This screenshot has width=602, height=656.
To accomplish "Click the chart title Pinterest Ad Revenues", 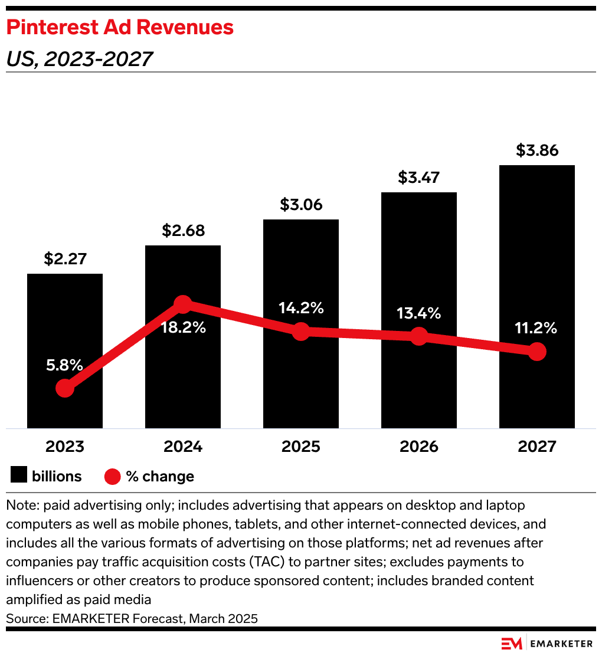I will pos(120,27).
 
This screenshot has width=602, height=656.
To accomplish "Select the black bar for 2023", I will pos(65,330).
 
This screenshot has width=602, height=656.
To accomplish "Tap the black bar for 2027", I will pos(536,265).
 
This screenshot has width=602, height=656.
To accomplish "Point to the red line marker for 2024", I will pos(183,304).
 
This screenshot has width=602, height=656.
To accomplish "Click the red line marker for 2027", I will pos(536,352).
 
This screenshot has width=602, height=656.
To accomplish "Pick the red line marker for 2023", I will pos(65,388).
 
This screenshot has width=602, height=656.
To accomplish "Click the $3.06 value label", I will pos(301,205).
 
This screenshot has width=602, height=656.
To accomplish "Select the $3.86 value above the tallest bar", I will pos(536,150).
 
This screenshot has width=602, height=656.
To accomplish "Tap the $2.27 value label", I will pos(65,259).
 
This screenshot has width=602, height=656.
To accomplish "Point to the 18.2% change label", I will pos(183,328).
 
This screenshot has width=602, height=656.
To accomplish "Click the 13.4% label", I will pos(418,313).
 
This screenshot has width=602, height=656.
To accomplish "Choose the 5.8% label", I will pos(65,365).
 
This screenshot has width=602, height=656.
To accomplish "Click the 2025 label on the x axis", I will pos(301,447).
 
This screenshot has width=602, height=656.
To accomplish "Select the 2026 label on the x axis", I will pos(418,447).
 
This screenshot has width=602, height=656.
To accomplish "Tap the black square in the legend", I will pos(19,476).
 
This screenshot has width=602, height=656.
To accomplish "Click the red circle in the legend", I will pos(112,476).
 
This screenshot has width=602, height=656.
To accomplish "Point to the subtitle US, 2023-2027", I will pos(79,58).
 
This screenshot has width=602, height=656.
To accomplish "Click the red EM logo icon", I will pos(511,644).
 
